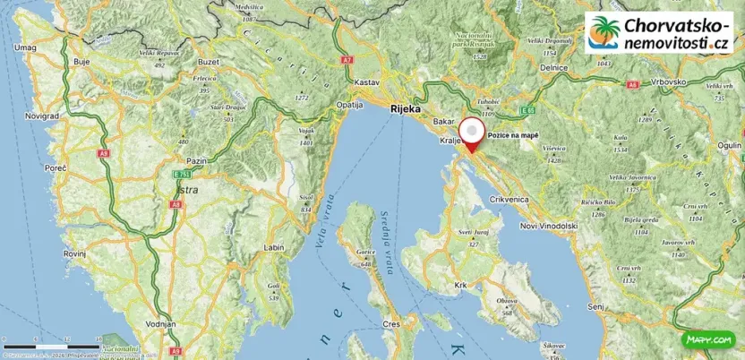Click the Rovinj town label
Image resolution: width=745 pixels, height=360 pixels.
[x=74, y=253]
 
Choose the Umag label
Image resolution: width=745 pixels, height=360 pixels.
[x=25, y=47]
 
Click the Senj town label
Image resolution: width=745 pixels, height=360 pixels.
[x=595, y=306]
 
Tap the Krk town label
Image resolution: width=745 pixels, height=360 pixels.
[x=462, y=286]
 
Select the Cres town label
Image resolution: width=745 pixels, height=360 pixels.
[x=390, y=323]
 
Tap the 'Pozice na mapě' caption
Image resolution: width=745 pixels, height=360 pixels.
[x=514, y=134]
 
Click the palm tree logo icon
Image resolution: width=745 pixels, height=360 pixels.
[x=604, y=32]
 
